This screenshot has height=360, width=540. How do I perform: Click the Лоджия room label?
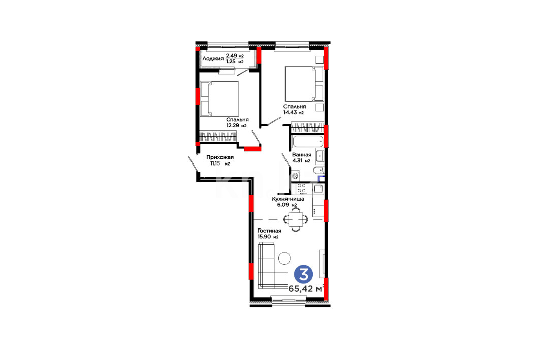pyautogui.click(x=213, y=59)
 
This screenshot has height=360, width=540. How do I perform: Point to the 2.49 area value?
pyautogui.click(x=231, y=55)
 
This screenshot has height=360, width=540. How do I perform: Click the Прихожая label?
pyautogui.click(x=220, y=157)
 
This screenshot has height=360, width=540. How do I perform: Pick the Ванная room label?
pyautogui.click(x=302, y=155)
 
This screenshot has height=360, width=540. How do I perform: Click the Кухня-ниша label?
pyautogui.click(x=288, y=199)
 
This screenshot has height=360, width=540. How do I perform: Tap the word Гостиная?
pyautogui.click(x=269, y=231)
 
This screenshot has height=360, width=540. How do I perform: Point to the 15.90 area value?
pyautogui.click(x=264, y=237)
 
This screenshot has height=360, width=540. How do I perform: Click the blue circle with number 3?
pyautogui.click(x=303, y=275)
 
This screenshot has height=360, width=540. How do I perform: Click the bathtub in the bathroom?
pyautogui.click(x=307, y=141)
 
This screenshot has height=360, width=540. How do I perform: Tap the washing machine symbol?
pyautogui.click(x=296, y=176)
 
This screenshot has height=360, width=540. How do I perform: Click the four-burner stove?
pyautogui.click(x=302, y=188)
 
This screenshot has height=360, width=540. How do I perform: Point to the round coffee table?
pyautogui.click(x=284, y=258)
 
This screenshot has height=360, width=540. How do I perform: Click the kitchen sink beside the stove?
pyautogui.click(x=317, y=188)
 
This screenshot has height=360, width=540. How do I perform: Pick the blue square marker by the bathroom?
pyautogui.click(x=322, y=178)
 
